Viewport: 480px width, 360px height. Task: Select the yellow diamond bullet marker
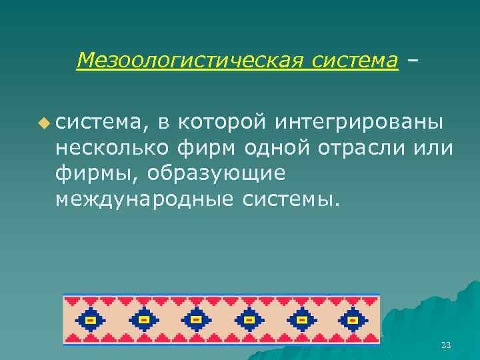point(44,122)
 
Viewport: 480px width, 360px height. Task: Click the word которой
point(223,122)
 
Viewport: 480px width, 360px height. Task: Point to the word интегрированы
point(359,122)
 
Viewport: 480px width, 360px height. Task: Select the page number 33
point(446,345)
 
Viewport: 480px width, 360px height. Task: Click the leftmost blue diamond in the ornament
point(91,320)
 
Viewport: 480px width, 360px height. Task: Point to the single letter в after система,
point(163,122)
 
